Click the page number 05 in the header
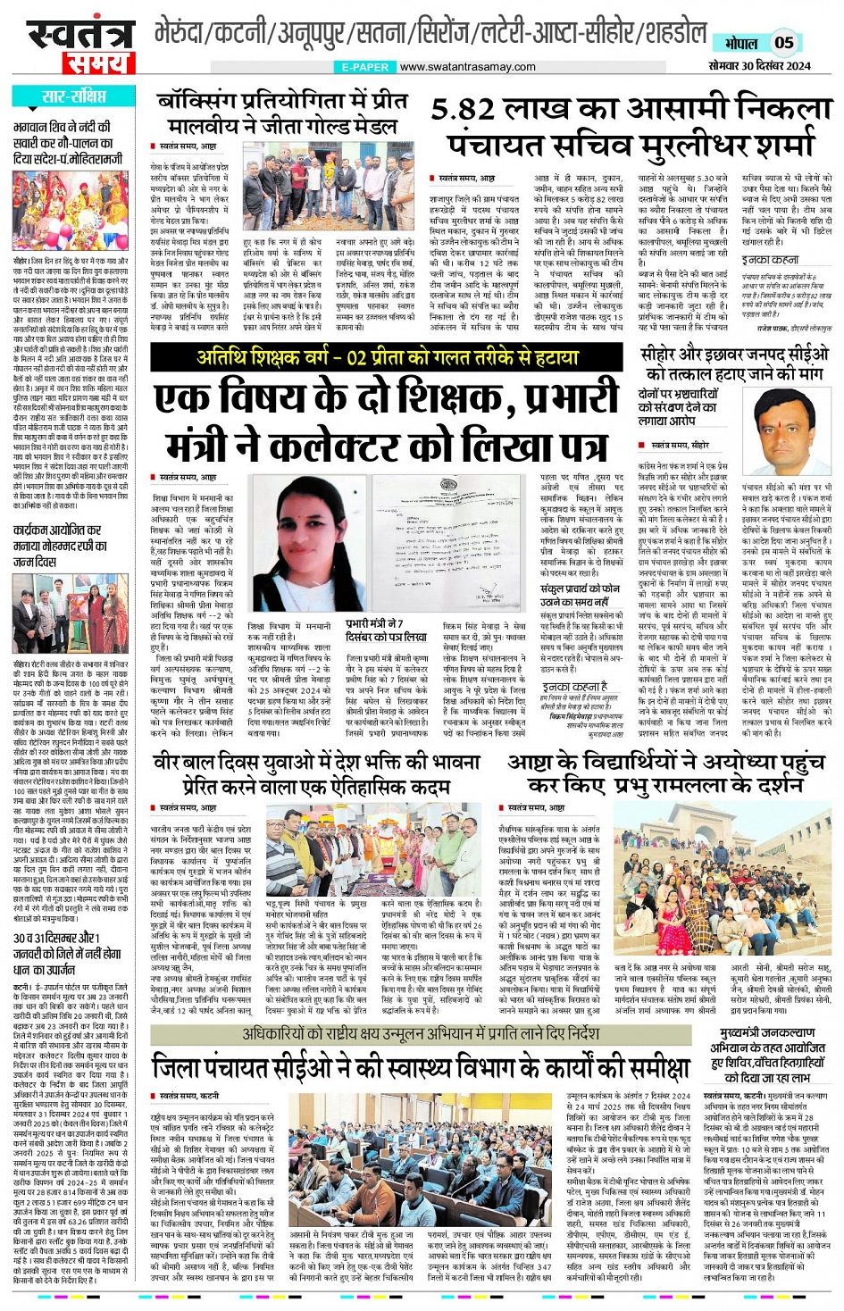point(784,41)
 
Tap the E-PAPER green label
point(364,67)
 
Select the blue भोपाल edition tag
point(740,42)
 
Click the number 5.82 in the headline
point(479,109)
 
